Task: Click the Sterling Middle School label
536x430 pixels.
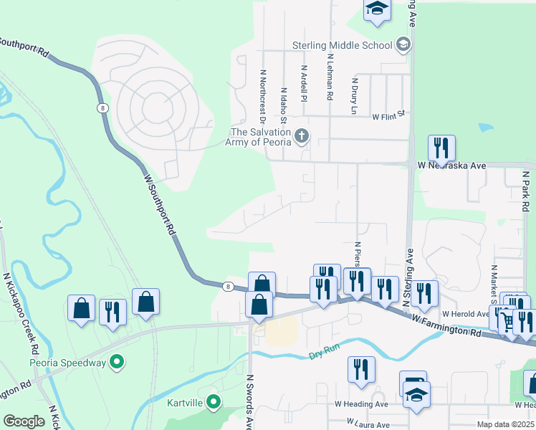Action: tap(342, 45)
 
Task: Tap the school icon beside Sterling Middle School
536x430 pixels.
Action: tap(403, 45)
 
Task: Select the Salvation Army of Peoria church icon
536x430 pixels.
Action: tap(302, 135)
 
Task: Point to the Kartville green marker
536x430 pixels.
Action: tap(213, 402)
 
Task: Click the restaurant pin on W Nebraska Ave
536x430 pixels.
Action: tap(441, 148)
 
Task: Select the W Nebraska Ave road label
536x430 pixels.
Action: tap(451, 166)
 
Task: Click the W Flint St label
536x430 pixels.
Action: tap(388, 114)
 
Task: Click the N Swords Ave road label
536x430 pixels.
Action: tap(251, 401)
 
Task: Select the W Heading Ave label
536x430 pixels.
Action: tap(361, 404)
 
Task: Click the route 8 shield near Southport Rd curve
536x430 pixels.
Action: tap(103, 107)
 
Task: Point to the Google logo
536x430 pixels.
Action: tap(24, 421)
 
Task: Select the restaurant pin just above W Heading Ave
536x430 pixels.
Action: tap(361, 369)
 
